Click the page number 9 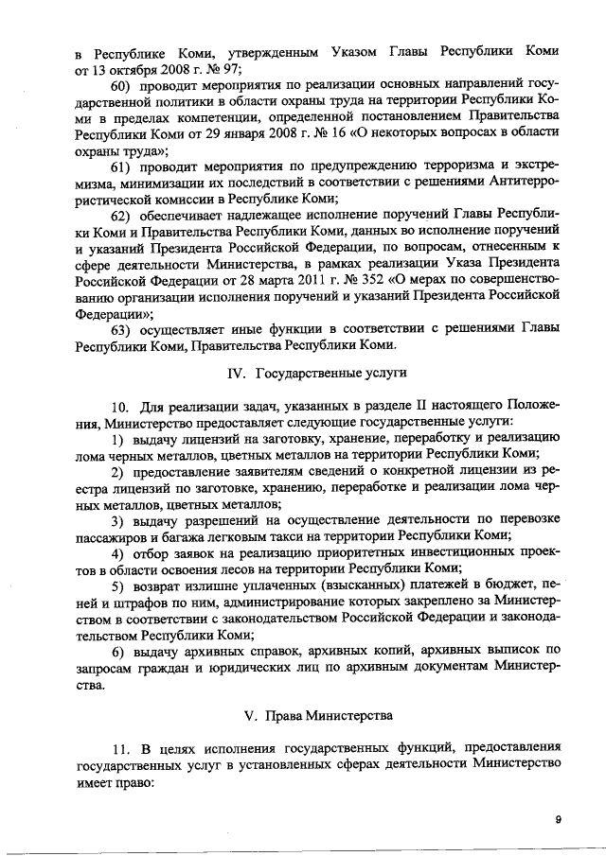[559, 821]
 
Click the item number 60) [125, 87]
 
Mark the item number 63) [125, 329]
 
